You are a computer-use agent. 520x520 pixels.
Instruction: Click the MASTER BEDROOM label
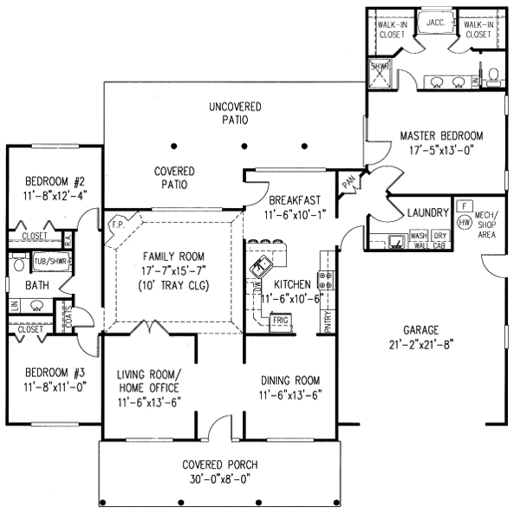point(441,136)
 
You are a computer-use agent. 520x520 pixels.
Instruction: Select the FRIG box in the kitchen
point(280,320)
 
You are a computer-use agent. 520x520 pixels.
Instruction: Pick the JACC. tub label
point(435,23)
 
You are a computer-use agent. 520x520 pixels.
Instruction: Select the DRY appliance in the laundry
point(439,235)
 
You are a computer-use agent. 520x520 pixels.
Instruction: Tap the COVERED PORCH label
point(219,465)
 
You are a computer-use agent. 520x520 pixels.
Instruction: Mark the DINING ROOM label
point(289,380)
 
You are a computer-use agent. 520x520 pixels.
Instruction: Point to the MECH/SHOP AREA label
point(487,224)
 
